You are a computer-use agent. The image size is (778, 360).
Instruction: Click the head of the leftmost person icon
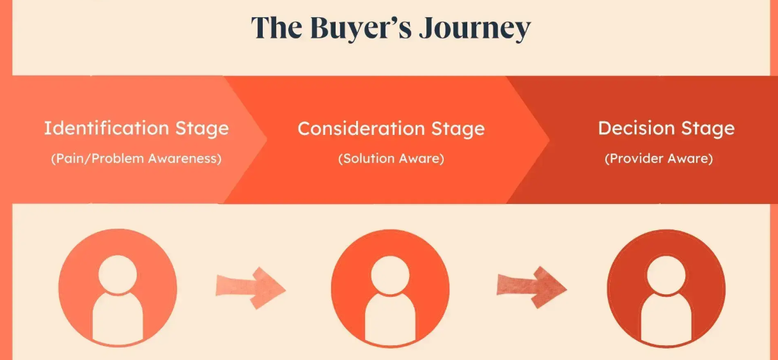pyautogui.click(x=118, y=272)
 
